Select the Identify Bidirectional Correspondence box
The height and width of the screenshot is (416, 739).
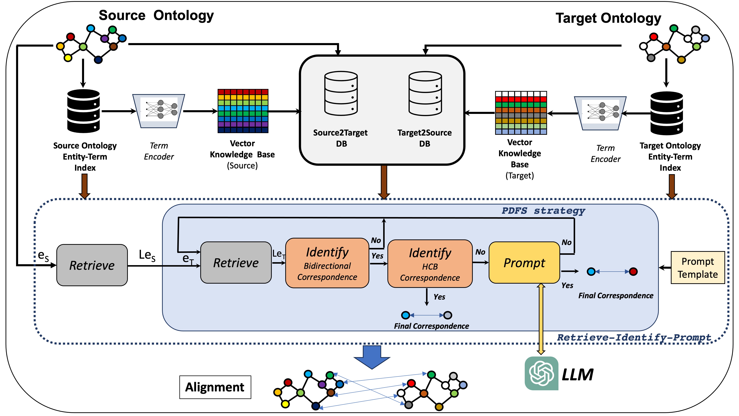click(327, 263)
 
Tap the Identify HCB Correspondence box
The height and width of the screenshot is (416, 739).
click(430, 263)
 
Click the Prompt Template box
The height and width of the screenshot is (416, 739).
click(697, 268)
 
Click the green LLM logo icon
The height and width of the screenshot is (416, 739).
click(541, 373)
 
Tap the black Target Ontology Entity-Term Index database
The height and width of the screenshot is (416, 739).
click(666, 113)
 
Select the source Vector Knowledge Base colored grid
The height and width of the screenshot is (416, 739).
click(243, 111)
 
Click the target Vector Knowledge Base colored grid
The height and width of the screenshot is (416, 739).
click(521, 113)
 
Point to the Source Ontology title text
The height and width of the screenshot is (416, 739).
click(156, 16)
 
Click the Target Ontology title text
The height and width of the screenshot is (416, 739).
click(608, 18)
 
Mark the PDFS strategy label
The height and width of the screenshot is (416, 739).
click(543, 211)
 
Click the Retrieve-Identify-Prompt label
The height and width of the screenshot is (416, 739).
click(634, 337)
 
